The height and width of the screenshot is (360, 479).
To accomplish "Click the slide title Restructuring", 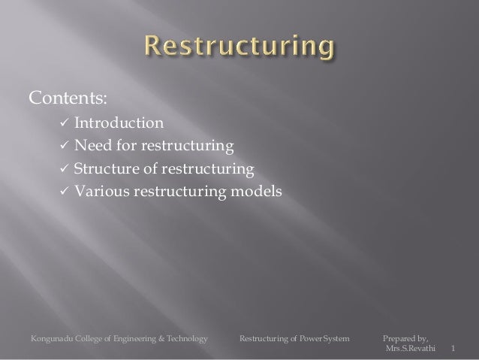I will tap(238, 49).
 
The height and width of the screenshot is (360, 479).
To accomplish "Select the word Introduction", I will tap(116, 123).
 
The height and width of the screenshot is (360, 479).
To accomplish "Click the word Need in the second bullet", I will tap(91, 146).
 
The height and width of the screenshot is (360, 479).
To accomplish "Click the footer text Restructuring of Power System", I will tap(294, 340).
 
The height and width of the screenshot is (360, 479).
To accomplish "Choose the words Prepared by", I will tap(406, 340).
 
